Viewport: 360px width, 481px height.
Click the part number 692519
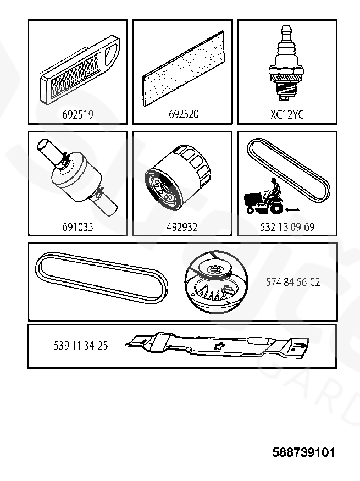(77, 114)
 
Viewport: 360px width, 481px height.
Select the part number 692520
(184, 114)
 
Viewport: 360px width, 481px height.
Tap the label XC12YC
(287, 114)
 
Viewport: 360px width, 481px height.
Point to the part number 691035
(77, 227)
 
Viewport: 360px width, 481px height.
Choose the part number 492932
(182, 227)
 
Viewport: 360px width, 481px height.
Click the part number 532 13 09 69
(287, 227)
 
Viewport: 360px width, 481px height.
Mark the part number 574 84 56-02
(293, 282)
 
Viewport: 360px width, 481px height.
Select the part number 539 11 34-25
(81, 346)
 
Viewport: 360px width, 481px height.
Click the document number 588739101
(303, 452)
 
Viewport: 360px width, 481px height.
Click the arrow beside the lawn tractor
(292, 210)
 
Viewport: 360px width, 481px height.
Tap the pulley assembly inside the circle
(217, 281)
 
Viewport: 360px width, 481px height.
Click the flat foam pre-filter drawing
(184, 68)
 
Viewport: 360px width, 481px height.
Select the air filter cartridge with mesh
(79, 70)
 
